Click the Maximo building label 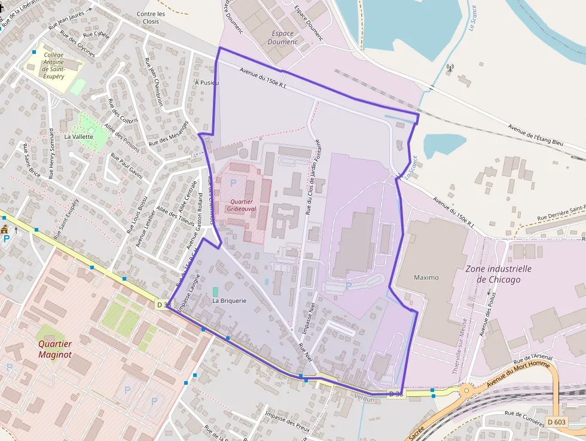426,278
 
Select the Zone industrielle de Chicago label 498,274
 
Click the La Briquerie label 229,301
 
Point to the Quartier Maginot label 55,349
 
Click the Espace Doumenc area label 283,38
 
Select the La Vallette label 79,136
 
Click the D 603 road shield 556,422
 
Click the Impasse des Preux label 283,416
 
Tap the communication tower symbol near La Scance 450,68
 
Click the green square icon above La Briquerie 215,291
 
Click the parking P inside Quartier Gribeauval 233,181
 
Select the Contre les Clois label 151,17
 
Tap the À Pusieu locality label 207,83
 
